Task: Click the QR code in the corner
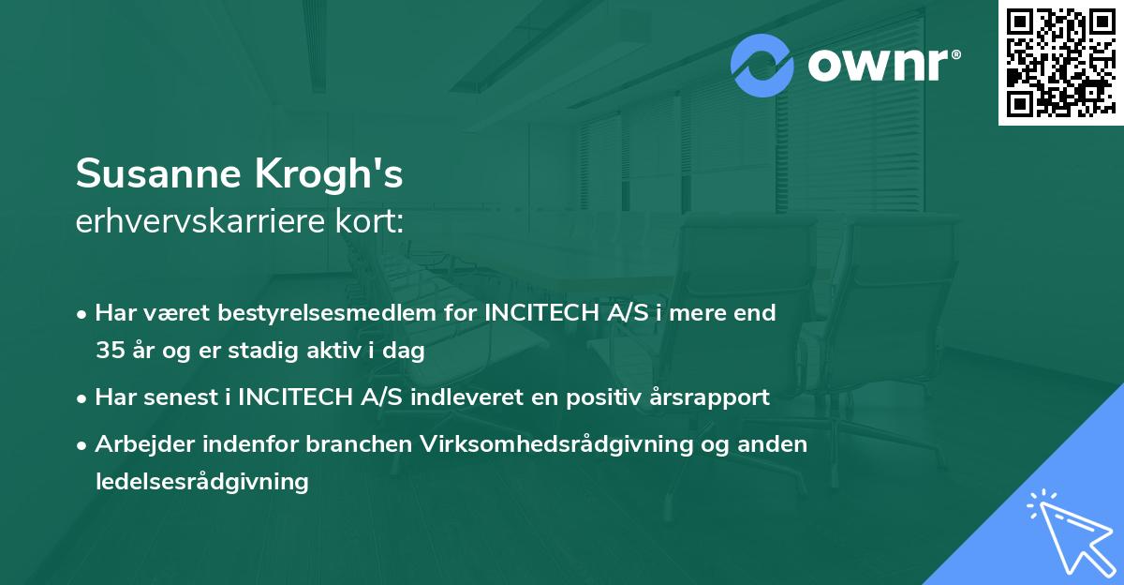click(x=1059, y=62)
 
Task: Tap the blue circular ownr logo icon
click(x=762, y=65)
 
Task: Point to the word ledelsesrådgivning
click(x=201, y=482)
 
